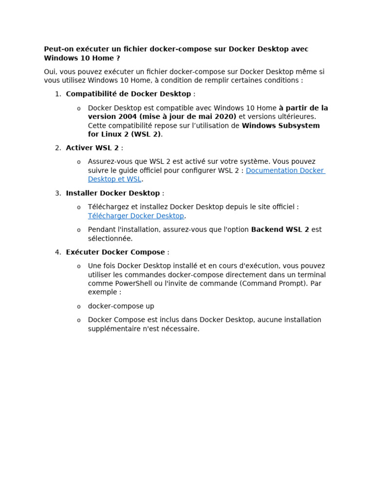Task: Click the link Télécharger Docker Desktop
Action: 136,216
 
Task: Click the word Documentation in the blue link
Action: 271,171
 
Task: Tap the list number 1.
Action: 57,94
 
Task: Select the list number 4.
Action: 57,252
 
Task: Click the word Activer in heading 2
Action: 79,148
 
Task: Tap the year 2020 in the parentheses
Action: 225,116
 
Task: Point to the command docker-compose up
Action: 121,306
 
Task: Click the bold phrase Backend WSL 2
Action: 280,230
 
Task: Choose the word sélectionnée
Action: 110,238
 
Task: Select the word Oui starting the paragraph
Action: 50,72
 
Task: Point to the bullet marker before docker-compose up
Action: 79,307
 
